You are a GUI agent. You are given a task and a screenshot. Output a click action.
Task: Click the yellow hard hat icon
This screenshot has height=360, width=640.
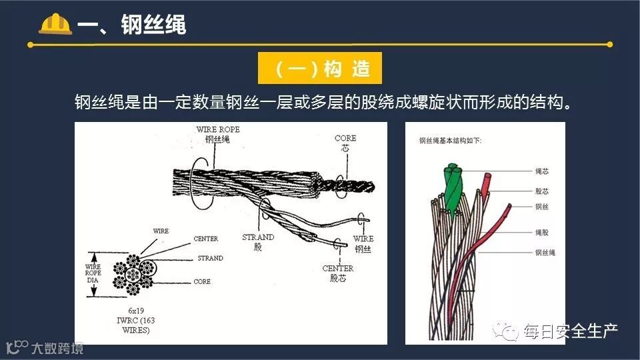pyautogui.click(x=55, y=23)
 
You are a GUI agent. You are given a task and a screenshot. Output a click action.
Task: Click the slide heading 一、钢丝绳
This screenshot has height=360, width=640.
pyautogui.click(x=131, y=25)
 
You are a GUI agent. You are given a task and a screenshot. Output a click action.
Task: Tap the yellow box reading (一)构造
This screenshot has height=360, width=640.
pyautogui.click(x=319, y=68)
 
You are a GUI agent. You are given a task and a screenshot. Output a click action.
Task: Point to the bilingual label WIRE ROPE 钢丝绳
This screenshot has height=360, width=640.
pyautogui.click(x=217, y=134)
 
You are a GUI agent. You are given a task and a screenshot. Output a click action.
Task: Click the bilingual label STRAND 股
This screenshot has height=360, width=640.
pyautogui.click(x=258, y=242)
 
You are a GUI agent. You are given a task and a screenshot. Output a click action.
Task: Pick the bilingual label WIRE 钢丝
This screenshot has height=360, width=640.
pyautogui.click(x=363, y=243)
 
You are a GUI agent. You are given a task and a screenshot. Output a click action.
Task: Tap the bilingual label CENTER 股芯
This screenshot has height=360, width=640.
pyautogui.click(x=338, y=273)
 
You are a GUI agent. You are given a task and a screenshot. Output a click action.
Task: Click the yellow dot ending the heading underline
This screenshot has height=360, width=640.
pyautogui.click(x=609, y=45)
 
